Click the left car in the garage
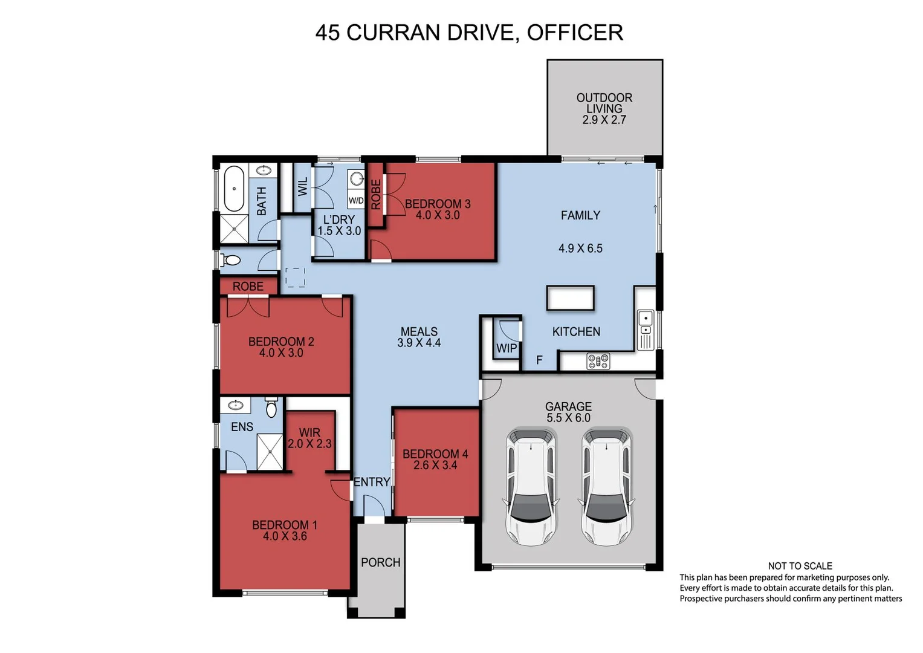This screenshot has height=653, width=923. pyautogui.click(x=531, y=486)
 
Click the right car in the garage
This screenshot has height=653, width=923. pyautogui.click(x=606, y=486)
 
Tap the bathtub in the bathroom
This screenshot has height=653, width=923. pyautogui.click(x=234, y=187)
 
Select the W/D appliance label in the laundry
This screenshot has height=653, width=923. pyautogui.click(x=356, y=200)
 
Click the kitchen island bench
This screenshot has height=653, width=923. pyautogui.click(x=570, y=298)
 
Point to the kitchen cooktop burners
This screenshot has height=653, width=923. pyautogui.click(x=598, y=361)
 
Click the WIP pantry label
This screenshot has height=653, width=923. pyautogui.click(x=507, y=348)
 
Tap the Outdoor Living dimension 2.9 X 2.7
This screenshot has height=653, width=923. pyautogui.click(x=604, y=120)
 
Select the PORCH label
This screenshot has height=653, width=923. pyautogui.click(x=380, y=562)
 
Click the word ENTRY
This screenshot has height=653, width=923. pyautogui.click(x=371, y=482)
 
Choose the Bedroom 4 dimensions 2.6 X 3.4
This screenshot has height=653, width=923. pyautogui.click(x=435, y=465)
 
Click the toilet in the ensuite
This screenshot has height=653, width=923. pyautogui.click(x=271, y=408)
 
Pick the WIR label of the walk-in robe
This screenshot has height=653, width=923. pyautogui.click(x=309, y=432)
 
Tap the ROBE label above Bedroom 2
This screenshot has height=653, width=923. pyautogui.click(x=248, y=286)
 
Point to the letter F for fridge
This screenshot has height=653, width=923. pyautogui.click(x=539, y=360)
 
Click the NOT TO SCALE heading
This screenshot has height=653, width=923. pyautogui.click(x=800, y=566)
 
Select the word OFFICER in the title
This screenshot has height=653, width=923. pyautogui.click(x=574, y=33)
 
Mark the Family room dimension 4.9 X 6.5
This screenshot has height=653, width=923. pyautogui.click(x=580, y=248)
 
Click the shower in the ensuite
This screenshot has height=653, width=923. pyautogui.click(x=270, y=452)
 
